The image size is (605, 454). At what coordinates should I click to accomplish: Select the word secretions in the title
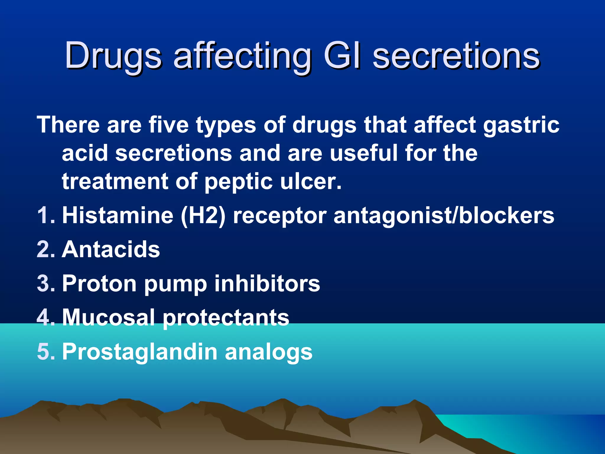[456, 56]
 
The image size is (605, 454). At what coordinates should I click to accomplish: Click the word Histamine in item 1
[118, 215]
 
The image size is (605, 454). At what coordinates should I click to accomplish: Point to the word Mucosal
[109, 317]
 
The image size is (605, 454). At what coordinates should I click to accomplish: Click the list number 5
[45, 352]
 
